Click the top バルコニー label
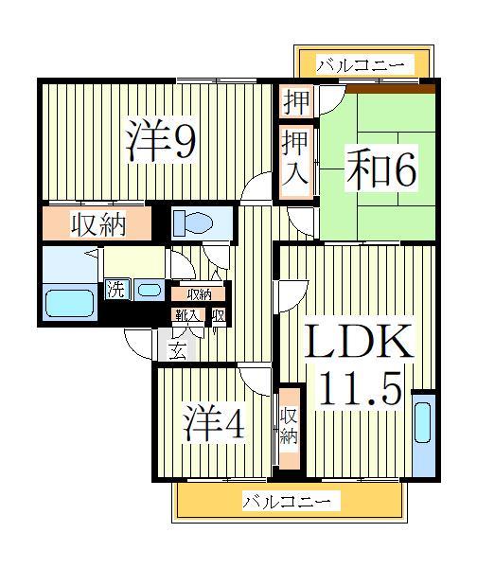click(x=360, y=65)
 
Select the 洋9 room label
click(x=162, y=142)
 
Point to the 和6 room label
click(x=376, y=169)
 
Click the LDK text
click(x=358, y=342)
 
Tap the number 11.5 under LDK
click(x=359, y=388)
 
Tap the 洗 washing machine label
click(x=115, y=289)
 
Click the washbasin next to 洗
click(x=148, y=290)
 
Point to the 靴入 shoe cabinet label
click(x=185, y=316)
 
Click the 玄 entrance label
click(x=177, y=351)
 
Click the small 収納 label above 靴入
click(x=199, y=294)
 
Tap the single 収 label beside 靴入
click(x=219, y=316)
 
